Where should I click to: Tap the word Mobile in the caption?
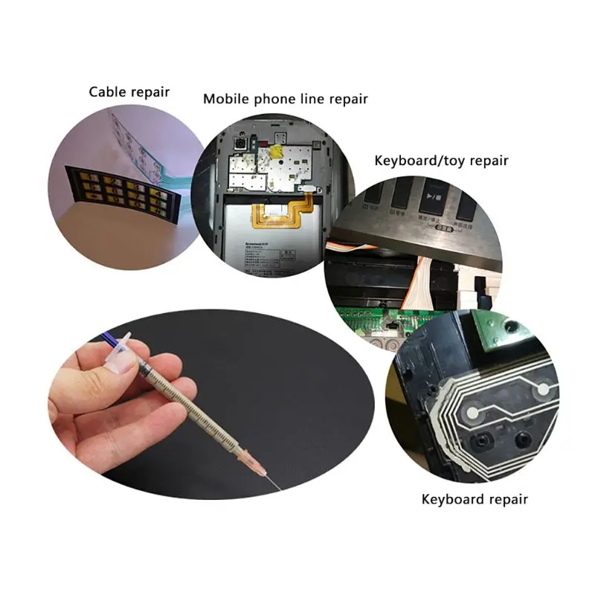point(226,98)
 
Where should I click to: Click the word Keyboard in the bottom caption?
point(453,499)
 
